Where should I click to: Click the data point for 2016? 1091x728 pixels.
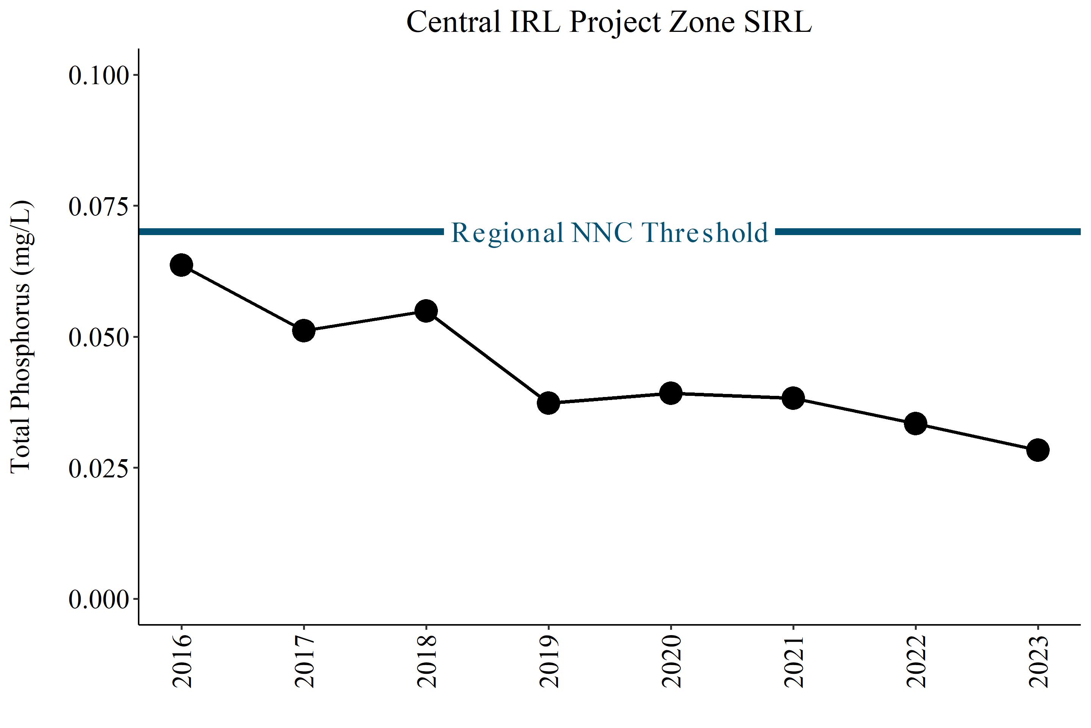(x=181, y=265)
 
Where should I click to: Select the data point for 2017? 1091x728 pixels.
(x=304, y=331)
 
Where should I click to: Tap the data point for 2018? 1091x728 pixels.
(x=426, y=311)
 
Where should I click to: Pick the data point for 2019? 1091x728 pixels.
(x=548, y=403)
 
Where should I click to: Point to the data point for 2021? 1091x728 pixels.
(x=793, y=398)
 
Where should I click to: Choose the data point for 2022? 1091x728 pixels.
(x=916, y=424)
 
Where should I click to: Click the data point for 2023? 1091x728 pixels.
(x=1038, y=450)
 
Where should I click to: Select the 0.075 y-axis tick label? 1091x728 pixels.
(x=99, y=206)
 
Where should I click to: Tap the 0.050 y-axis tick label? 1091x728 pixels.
(x=99, y=337)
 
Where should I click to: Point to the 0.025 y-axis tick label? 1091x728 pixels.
(x=99, y=469)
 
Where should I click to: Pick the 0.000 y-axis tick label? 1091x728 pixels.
(x=99, y=599)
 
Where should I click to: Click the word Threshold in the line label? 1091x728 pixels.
(x=705, y=232)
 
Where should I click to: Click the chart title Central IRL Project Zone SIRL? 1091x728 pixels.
(x=609, y=22)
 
